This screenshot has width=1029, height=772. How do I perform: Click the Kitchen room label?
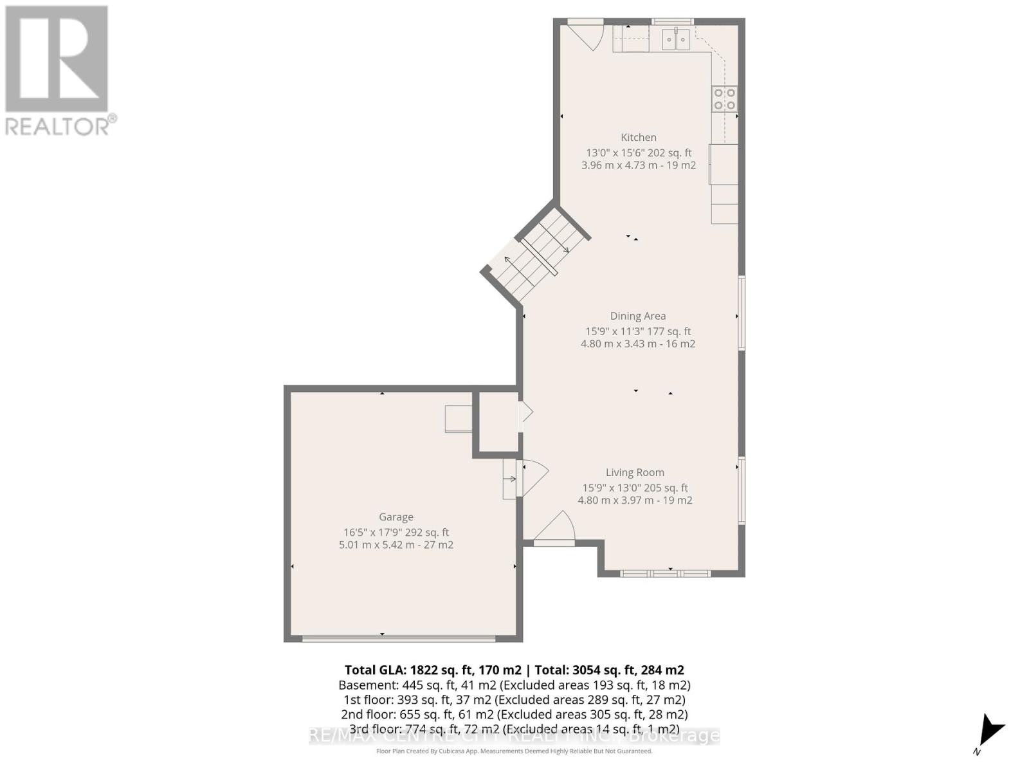point(638,137)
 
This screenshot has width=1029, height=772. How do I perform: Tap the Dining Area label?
point(637,316)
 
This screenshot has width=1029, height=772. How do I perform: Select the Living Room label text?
point(635,472)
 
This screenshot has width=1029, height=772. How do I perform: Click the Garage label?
point(396,517)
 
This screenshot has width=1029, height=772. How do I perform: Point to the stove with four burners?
point(724,99)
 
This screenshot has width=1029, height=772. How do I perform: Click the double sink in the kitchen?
point(676,40)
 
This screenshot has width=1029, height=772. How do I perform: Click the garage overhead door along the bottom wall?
point(399,638)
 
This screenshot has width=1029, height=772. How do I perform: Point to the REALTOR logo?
point(59,70)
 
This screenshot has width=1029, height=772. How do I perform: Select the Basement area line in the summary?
point(514,685)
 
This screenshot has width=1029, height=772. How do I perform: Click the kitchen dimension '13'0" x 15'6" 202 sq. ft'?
point(638,152)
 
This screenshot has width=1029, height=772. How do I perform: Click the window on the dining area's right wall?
point(741,313)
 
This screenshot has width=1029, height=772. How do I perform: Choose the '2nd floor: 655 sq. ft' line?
point(514,714)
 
